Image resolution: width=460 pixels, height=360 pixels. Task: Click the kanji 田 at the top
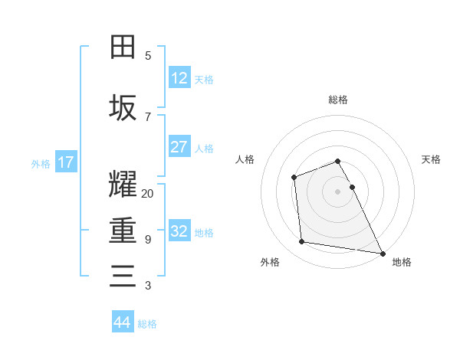point(123,47)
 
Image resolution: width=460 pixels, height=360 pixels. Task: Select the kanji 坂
point(123,108)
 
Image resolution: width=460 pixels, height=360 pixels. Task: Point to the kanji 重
point(123,231)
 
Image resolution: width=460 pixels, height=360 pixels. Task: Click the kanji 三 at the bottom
point(123,277)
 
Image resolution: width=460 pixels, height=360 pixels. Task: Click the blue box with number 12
point(179,78)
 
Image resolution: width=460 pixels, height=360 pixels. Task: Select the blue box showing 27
point(179,147)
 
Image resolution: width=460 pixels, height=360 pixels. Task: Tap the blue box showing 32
point(179,231)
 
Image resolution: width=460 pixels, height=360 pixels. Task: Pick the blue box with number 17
point(65,162)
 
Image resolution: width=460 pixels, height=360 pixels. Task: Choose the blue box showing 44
point(123,322)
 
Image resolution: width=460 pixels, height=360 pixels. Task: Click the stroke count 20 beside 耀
point(148,194)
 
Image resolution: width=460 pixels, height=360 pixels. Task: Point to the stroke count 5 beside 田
point(148,56)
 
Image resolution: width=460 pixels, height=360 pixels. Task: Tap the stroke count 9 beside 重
point(148,240)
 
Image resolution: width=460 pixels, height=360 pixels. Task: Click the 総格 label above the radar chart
point(337,100)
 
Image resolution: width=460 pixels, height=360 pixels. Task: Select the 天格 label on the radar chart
point(431,159)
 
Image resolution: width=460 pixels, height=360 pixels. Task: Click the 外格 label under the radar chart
point(270,262)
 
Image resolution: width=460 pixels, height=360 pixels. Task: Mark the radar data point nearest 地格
point(383,254)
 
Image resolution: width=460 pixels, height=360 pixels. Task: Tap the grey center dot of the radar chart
point(337,191)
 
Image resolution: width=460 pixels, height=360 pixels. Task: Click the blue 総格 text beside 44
point(147,324)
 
